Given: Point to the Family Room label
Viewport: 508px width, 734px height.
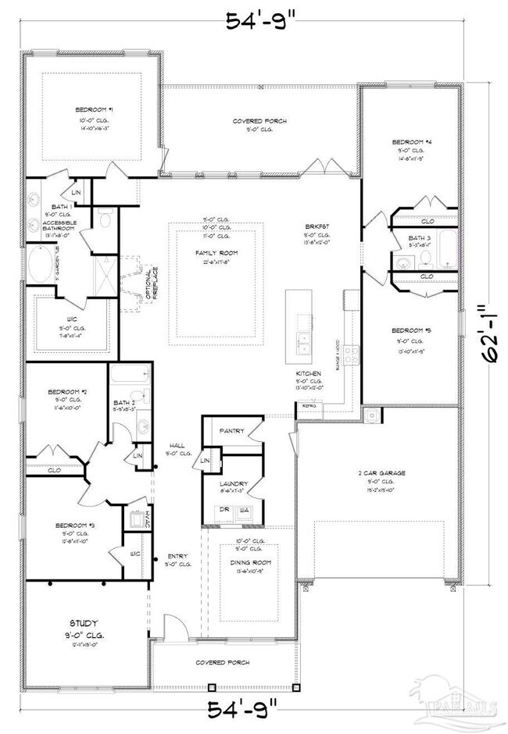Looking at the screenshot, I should (216, 253).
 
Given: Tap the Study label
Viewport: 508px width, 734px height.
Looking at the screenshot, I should (84, 623).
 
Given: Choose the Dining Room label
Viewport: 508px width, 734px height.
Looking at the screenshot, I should (250, 561).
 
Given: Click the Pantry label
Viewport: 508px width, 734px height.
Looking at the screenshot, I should (233, 430).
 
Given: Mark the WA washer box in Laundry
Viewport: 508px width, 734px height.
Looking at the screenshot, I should (245, 510).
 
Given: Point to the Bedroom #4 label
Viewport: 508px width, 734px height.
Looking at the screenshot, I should (412, 142).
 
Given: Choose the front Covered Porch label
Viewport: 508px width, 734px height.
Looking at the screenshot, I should (223, 662).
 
